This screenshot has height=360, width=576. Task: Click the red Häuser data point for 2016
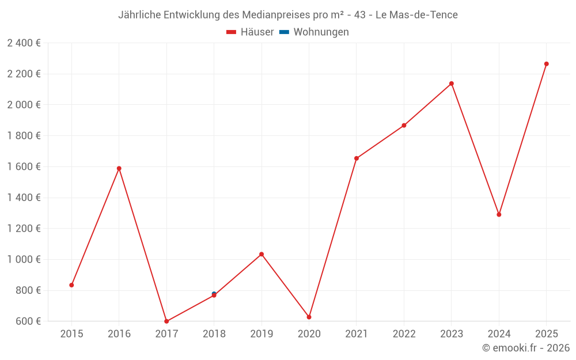pos(119,168)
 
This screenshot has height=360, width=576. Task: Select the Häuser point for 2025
pos(546,64)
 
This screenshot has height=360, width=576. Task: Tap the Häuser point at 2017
pos(166,321)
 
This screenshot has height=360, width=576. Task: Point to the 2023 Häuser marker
pos(452,84)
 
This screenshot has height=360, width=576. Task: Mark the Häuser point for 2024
pos(499,214)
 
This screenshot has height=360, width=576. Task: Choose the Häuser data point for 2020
pos(309,317)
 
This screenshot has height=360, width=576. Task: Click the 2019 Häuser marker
pos(262,254)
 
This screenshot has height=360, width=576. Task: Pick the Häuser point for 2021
pos(357,158)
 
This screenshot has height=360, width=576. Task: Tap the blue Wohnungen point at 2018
pos(214,293)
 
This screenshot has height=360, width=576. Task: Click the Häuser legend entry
pos(251,32)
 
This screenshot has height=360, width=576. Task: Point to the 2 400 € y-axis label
pos(24,43)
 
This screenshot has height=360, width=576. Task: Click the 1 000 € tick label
pos(24,259)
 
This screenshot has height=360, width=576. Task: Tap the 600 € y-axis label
pos(27,321)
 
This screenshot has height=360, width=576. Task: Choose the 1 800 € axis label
pos(24,135)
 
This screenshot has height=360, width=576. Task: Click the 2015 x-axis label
pos(71,334)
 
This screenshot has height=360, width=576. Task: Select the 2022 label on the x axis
pos(404,334)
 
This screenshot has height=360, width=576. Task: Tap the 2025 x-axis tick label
pos(546,334)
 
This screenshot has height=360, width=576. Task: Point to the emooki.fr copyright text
pos(526,348)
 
